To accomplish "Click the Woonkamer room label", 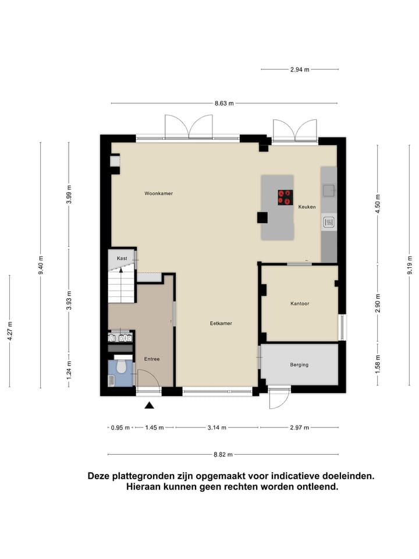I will point(159,193).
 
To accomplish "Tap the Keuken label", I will point(307,207).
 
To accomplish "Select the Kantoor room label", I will point(300,304).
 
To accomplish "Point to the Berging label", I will point(299,365).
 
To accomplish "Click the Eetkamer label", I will point(221,323).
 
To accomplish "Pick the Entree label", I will point(152,359).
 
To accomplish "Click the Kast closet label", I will point(122,258).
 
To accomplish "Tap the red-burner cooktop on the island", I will point(285,197).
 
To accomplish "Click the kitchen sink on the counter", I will point(329,189).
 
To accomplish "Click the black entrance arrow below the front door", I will point(150,406).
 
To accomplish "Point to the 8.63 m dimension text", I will point(224,104).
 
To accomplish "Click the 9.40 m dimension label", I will point(41,265).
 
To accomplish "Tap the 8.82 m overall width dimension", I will point(223,455).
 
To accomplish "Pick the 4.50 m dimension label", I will point(378,207).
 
